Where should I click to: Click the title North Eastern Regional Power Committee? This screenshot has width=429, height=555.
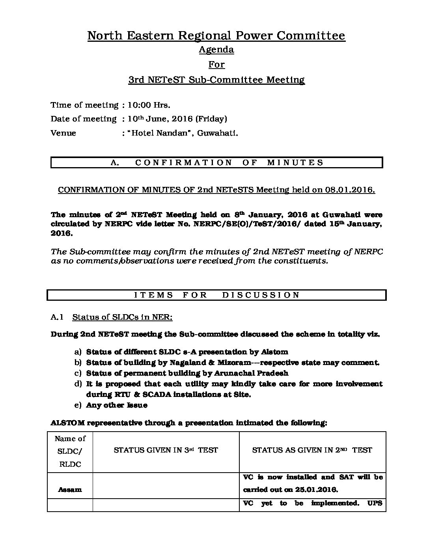(216, 36)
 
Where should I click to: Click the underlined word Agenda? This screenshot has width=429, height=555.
(216, 50)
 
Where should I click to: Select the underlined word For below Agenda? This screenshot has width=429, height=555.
(216, 64)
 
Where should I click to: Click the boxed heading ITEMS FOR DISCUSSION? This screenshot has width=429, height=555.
(217, 295)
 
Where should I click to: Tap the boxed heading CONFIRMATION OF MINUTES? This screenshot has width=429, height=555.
(217, 162)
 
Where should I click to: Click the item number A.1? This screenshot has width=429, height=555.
(57, 317)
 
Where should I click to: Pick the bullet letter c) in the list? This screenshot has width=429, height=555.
(78, 373)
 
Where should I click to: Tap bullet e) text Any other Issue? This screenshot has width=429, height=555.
(117, 405)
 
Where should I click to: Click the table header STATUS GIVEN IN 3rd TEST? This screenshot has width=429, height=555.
(166, 450)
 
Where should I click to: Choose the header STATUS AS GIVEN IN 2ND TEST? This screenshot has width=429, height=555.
(312, 450)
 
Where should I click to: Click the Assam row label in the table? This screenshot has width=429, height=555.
(70, 490)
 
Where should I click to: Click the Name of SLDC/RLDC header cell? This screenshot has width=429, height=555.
(70, 451)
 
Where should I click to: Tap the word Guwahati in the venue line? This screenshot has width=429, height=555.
(218, 133)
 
